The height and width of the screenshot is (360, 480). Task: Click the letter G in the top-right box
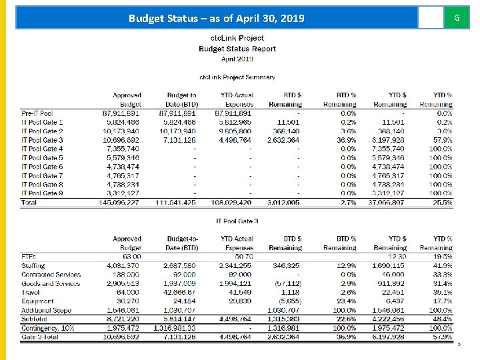pos(457,18)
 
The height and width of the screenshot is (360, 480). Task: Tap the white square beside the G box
pos(430,18)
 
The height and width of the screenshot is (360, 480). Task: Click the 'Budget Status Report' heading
pos(237,49)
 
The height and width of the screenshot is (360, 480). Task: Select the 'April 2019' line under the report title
pos(237,59)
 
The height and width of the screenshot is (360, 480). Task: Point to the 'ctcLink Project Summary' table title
pos(237,77)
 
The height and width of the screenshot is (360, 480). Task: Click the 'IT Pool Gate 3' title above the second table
pos(237,221)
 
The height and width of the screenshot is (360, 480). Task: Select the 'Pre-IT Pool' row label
pos(37,114)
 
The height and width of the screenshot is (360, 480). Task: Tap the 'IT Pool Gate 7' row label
pos(43,176)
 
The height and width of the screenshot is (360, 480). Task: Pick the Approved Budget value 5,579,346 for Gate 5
pos(122,158)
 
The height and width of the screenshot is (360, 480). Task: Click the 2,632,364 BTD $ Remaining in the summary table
pos(283,141)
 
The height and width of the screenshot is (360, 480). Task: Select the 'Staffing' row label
pos(33,265)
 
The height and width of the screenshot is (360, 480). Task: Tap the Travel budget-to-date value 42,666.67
pos(179,292)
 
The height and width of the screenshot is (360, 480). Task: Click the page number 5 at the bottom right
pos(459,345)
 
